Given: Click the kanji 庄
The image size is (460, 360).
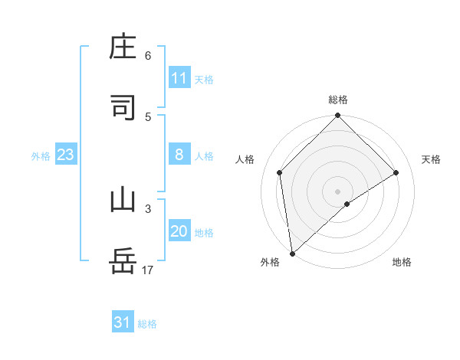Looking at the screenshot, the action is point(123,48).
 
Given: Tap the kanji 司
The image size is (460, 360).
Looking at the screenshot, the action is point(123,108).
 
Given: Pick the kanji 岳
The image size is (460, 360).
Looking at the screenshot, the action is point(123,261).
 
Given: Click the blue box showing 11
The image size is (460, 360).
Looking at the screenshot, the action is point(179,78).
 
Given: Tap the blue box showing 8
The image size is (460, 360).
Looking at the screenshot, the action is point(179,155).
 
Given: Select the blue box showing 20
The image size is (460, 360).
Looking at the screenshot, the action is point(179,231).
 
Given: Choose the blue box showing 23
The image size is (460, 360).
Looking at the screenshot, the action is point(66,155).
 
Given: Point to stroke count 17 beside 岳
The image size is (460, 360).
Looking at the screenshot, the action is point(148,270).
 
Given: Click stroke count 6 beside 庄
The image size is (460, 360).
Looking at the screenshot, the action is point(148,56).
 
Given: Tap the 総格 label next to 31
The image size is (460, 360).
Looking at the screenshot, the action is point(147,324).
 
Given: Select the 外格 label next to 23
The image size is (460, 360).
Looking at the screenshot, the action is point(41,155).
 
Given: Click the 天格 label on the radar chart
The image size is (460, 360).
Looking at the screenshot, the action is point(432,159).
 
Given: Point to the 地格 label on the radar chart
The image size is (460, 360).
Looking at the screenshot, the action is point(402,262).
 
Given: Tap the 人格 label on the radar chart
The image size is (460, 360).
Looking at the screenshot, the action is point(245,159).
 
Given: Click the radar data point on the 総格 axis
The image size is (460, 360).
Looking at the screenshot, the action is point(338,116).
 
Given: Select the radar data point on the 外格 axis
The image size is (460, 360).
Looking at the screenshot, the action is point(292,254).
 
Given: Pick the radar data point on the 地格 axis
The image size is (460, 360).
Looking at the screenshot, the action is point(347,204).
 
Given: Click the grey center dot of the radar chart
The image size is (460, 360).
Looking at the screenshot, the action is point(338,191).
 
